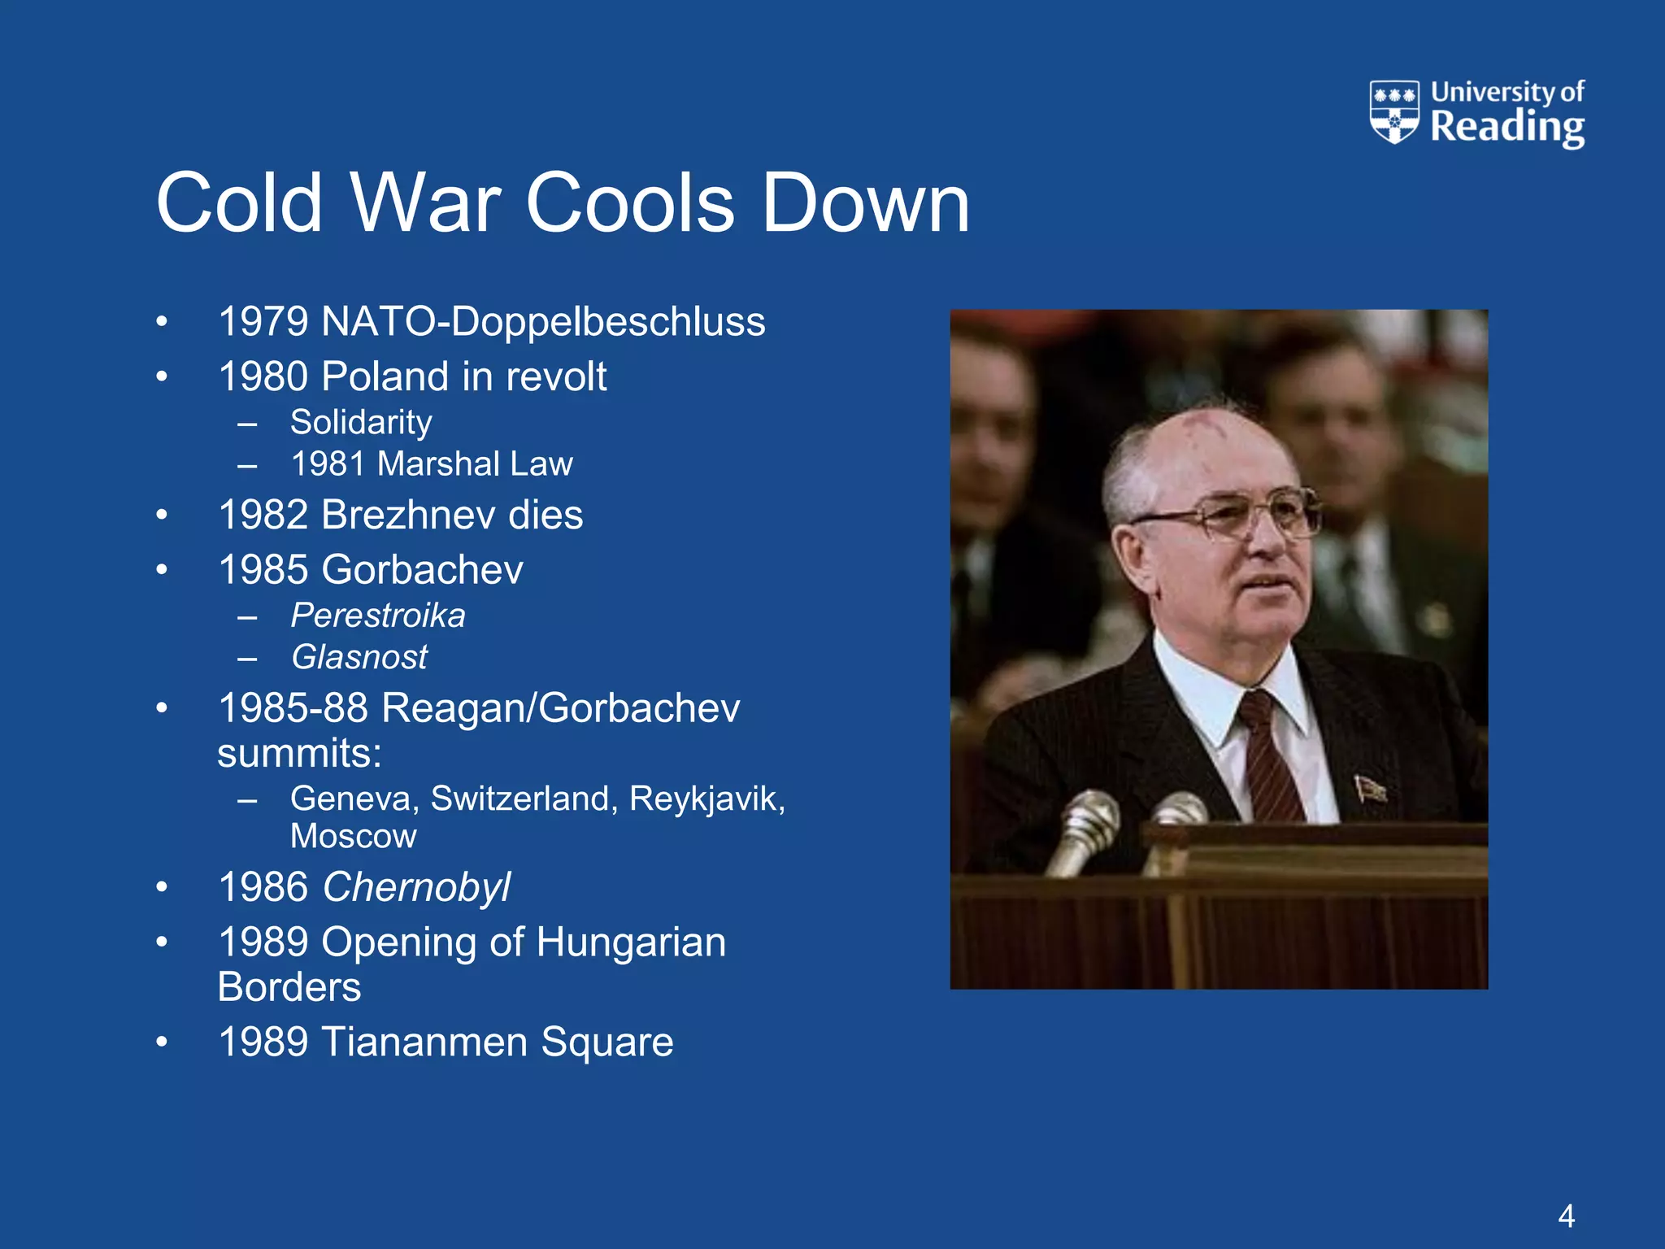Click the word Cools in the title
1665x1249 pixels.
coord(630,203)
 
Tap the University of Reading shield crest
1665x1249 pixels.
coord(1394,111)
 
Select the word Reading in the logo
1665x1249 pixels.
coord(1507,128)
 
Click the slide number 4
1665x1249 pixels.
coord(1566,1216)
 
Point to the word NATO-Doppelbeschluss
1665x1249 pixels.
coord(543,321)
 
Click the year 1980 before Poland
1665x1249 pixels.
coord(264,376)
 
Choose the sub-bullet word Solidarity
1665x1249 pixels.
coord(361,422)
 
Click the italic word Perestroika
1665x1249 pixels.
coord(378,616)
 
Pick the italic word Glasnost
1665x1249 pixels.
coord(359,657)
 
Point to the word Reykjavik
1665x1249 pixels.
coord(706,799)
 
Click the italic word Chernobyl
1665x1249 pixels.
coord(416,887)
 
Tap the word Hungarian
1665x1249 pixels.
coord(631,942)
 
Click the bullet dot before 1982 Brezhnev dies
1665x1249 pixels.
coord(162,515)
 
